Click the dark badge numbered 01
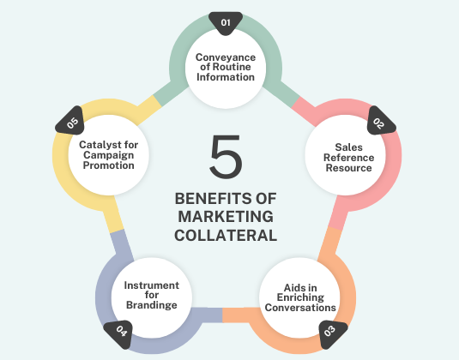click(x=226, y=23)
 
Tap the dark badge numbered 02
click(x=380, y=122)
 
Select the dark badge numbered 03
click(x=331, y=333)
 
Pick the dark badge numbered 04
click(x=120, y=333)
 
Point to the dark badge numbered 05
click(x=71, y=122)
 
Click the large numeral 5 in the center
click(x=226, y=157)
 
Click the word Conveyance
click(x=226, y=57)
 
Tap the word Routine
click(x=232, y=67)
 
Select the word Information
click(x=226, y=77)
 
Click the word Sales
click(x=348, y=147)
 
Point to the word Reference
click(x=348, y=158)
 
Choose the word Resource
click(x=348, y=168)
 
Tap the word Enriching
click(x=300, y=297)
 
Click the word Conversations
click(x=300, y=308)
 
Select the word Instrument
click(x=152, y=285)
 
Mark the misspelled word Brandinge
click(x=152, y=305)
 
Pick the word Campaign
click(x=109, y=155)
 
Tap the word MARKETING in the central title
click(x=226, y=217)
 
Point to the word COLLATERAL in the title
click(x=226, y=236)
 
